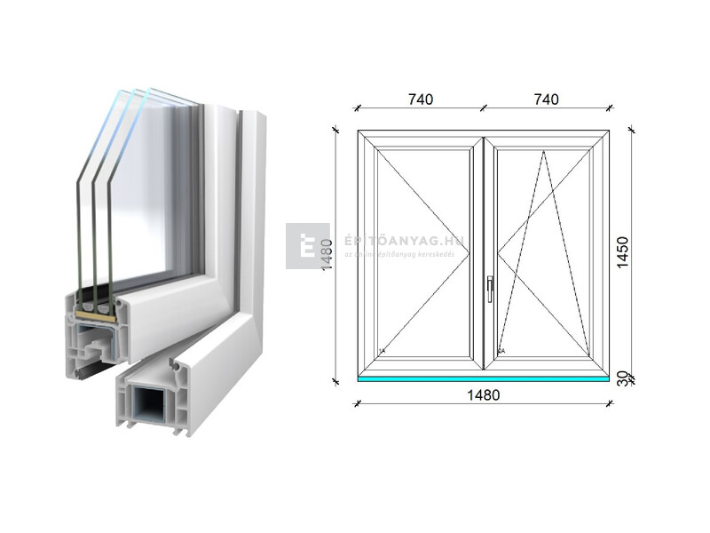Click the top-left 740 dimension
[421, 99]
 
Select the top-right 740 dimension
[547, 99]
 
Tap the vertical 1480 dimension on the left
[327, 255]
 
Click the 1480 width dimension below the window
[483, 395]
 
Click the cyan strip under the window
[483, 379]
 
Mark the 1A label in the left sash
[383, 351]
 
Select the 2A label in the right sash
[502, 351]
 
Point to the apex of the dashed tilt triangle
[544, 151]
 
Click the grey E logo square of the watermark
[307, 246]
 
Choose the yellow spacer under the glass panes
[91, 313]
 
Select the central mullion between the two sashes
[484, 253]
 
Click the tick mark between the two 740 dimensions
[484, 107]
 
